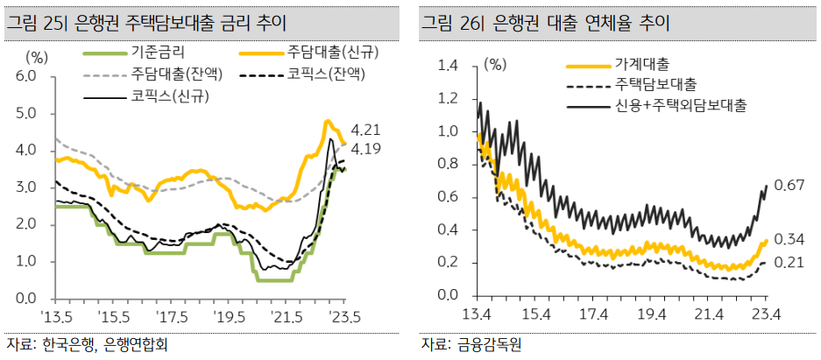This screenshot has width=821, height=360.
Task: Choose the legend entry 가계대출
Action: click(641, 65)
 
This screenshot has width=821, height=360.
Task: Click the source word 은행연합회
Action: click(137, 344)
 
